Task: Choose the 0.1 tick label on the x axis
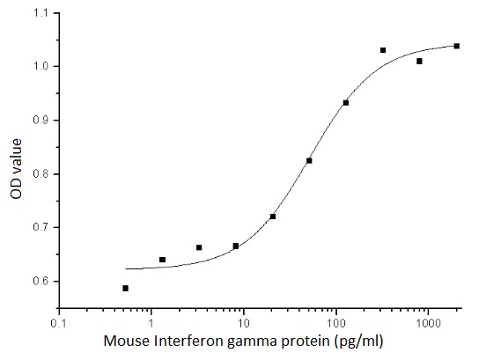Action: coord(59,323)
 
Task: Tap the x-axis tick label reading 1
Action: coord(151,323)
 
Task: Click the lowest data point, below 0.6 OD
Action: coord(125,288)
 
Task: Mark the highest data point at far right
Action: coord(457,46)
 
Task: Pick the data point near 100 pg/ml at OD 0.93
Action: coord(346,103)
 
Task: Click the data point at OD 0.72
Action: coord(273,217)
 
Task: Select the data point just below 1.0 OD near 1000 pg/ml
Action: coord(419,61)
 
